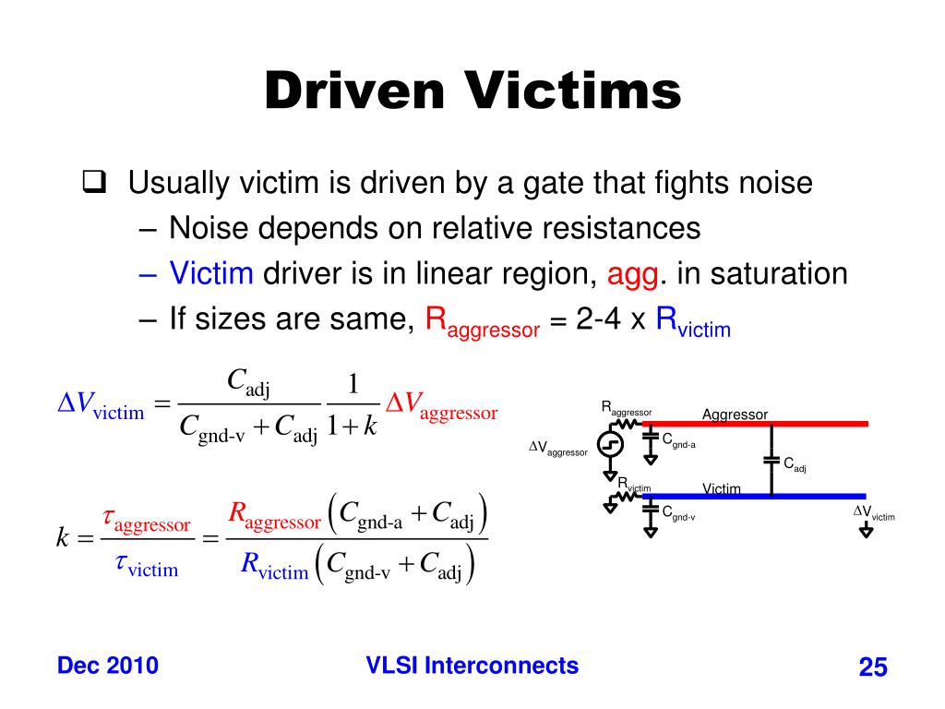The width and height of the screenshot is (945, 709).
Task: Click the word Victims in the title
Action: (x=573, y=92)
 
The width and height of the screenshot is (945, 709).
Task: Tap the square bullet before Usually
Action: (x=91, y=182)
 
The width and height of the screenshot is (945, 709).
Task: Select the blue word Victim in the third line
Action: (x=211, y=273)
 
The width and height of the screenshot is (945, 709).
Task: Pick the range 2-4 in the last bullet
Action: (x=592, y=319)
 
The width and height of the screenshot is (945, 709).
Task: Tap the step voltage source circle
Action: (x=610, y=445)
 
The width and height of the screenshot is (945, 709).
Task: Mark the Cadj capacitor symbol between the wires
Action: (x=771, y=459)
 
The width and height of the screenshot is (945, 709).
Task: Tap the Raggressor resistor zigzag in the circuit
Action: (x=628, y=424)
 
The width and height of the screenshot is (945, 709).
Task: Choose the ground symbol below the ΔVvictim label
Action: (x=867, y=532)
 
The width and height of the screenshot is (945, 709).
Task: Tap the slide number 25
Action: (x=872, y=667)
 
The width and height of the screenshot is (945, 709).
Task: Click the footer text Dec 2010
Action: (x=107, y=666)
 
